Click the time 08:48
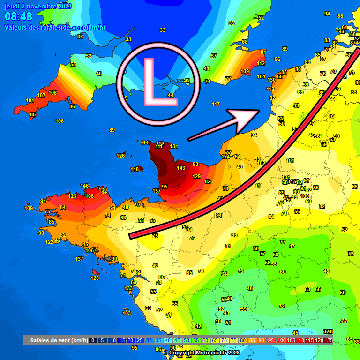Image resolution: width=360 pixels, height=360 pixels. [19, 17]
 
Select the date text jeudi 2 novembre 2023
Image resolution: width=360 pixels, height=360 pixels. [38, 6]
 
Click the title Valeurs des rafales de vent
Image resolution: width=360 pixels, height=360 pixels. [54, 27]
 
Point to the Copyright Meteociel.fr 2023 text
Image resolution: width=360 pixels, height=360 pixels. [201, 352]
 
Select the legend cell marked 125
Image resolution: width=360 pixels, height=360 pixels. [328, 340]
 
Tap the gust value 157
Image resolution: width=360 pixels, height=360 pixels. [157, 191]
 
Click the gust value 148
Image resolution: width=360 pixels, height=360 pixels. [135, 169]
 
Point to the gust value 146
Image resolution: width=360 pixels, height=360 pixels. [84, 186]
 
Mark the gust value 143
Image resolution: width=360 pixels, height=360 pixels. [181, 168]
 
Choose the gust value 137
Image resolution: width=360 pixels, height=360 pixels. [79, 259]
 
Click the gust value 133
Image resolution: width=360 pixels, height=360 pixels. [128, 288]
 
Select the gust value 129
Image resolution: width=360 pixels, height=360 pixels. [196, 176]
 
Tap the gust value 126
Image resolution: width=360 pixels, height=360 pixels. [120, 156]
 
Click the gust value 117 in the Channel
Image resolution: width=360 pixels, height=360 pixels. [216, 104]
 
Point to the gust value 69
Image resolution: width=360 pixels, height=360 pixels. [112, 130]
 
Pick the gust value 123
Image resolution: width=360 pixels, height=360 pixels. [72, 196]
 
